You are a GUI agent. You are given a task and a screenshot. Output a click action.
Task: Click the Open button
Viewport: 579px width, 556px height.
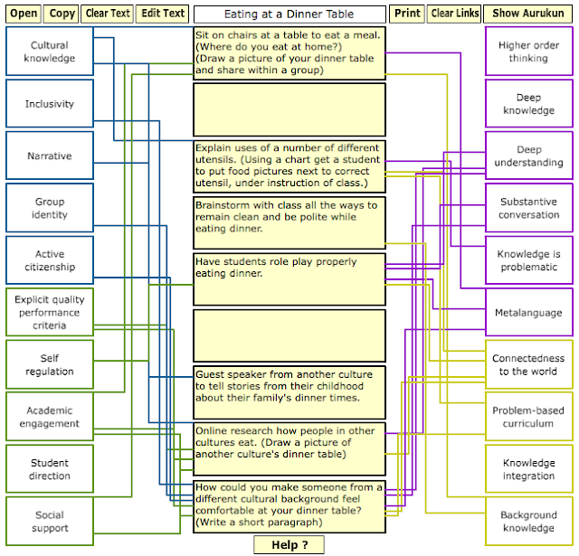(24, 14)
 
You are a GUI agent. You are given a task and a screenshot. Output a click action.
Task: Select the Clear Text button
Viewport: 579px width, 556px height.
(108, 14)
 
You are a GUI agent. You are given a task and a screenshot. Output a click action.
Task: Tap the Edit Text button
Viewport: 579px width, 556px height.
(163, 14)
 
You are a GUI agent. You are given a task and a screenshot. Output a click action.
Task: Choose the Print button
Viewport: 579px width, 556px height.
(407, 14)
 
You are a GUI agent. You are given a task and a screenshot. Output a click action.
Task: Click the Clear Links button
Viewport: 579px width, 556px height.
(454, 14)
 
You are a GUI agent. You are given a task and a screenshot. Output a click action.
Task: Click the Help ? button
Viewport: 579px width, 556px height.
(289, 544)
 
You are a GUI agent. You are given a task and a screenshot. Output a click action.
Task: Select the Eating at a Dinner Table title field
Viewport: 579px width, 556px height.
(289, 14)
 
